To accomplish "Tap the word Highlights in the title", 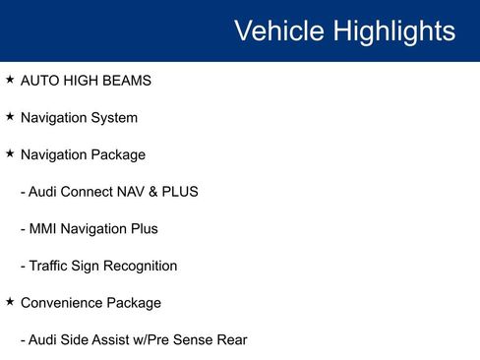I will pyautogui.click(x=392, y=30).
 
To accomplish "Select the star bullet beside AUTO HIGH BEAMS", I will pyautogui.click(x=10, y=80).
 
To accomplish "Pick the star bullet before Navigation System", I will pyautogui.click(x=10, y=117).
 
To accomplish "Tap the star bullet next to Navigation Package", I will pyautogui.click(x=10, y=153).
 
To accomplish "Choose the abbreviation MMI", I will pyautogui.click(x=43, y=229).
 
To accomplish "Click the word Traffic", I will pyautogui.click(x=51, y=266).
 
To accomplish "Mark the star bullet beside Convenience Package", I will pyautogui.click(x=10, y=302).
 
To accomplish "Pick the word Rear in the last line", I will pyautogui.click(x=232, y=340).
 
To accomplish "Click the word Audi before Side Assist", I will pyautogui.click(x=43, y=340).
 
